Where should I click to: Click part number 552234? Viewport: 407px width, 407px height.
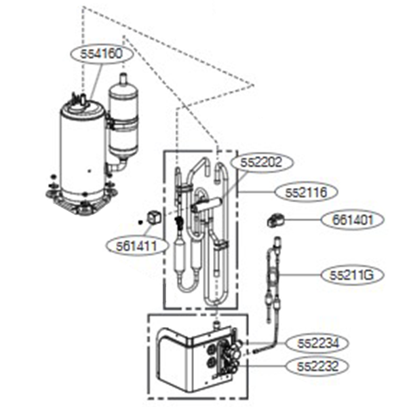coord(317,343)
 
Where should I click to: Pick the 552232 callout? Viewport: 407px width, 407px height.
coord(317,366)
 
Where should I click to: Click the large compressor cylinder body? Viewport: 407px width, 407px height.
coord(81,149)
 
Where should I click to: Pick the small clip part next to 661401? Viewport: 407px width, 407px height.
coord(275,220)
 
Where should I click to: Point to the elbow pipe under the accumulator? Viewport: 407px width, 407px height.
coord(119,165)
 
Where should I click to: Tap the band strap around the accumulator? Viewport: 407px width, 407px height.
coord(123,124)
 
